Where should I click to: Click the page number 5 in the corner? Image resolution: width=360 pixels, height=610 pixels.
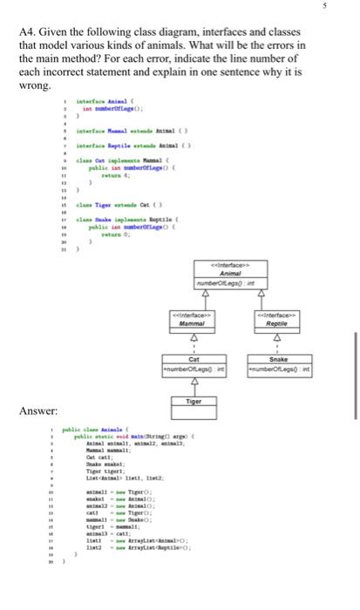point(349,8)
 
